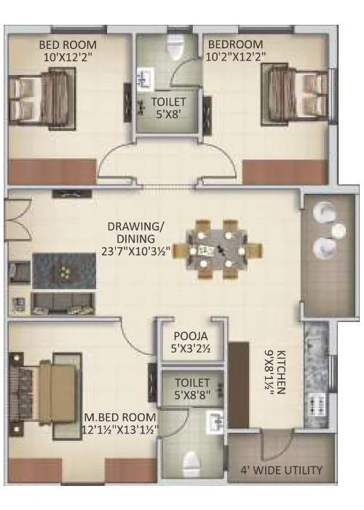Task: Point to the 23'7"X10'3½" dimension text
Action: pyautogui.click(x=137, y=250)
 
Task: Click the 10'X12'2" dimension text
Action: pyautogui.click(x=67, y=55)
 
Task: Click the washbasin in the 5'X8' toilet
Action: pyautogui.click(x=143, y=75)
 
